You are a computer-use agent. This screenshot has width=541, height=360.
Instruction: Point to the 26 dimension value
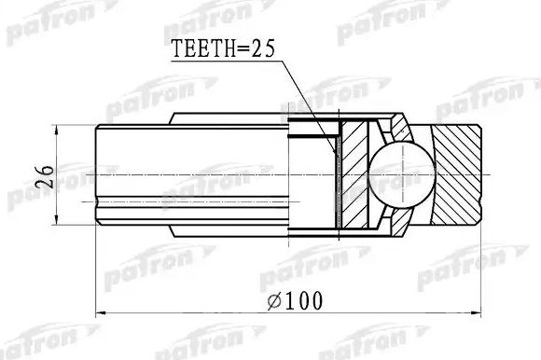40,173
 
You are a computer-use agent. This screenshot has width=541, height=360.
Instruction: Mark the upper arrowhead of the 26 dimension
57,130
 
